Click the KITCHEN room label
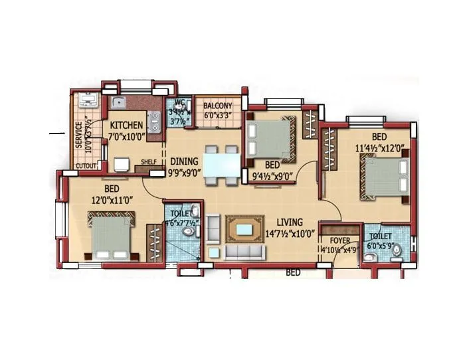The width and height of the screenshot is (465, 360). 126,126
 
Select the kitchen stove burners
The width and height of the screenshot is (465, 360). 155,122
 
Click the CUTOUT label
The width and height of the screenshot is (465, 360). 85,165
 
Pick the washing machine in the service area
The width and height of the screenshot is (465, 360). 87,102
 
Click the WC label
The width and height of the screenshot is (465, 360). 179,103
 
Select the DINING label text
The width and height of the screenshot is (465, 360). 184,161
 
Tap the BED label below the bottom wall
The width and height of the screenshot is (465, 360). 293,272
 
